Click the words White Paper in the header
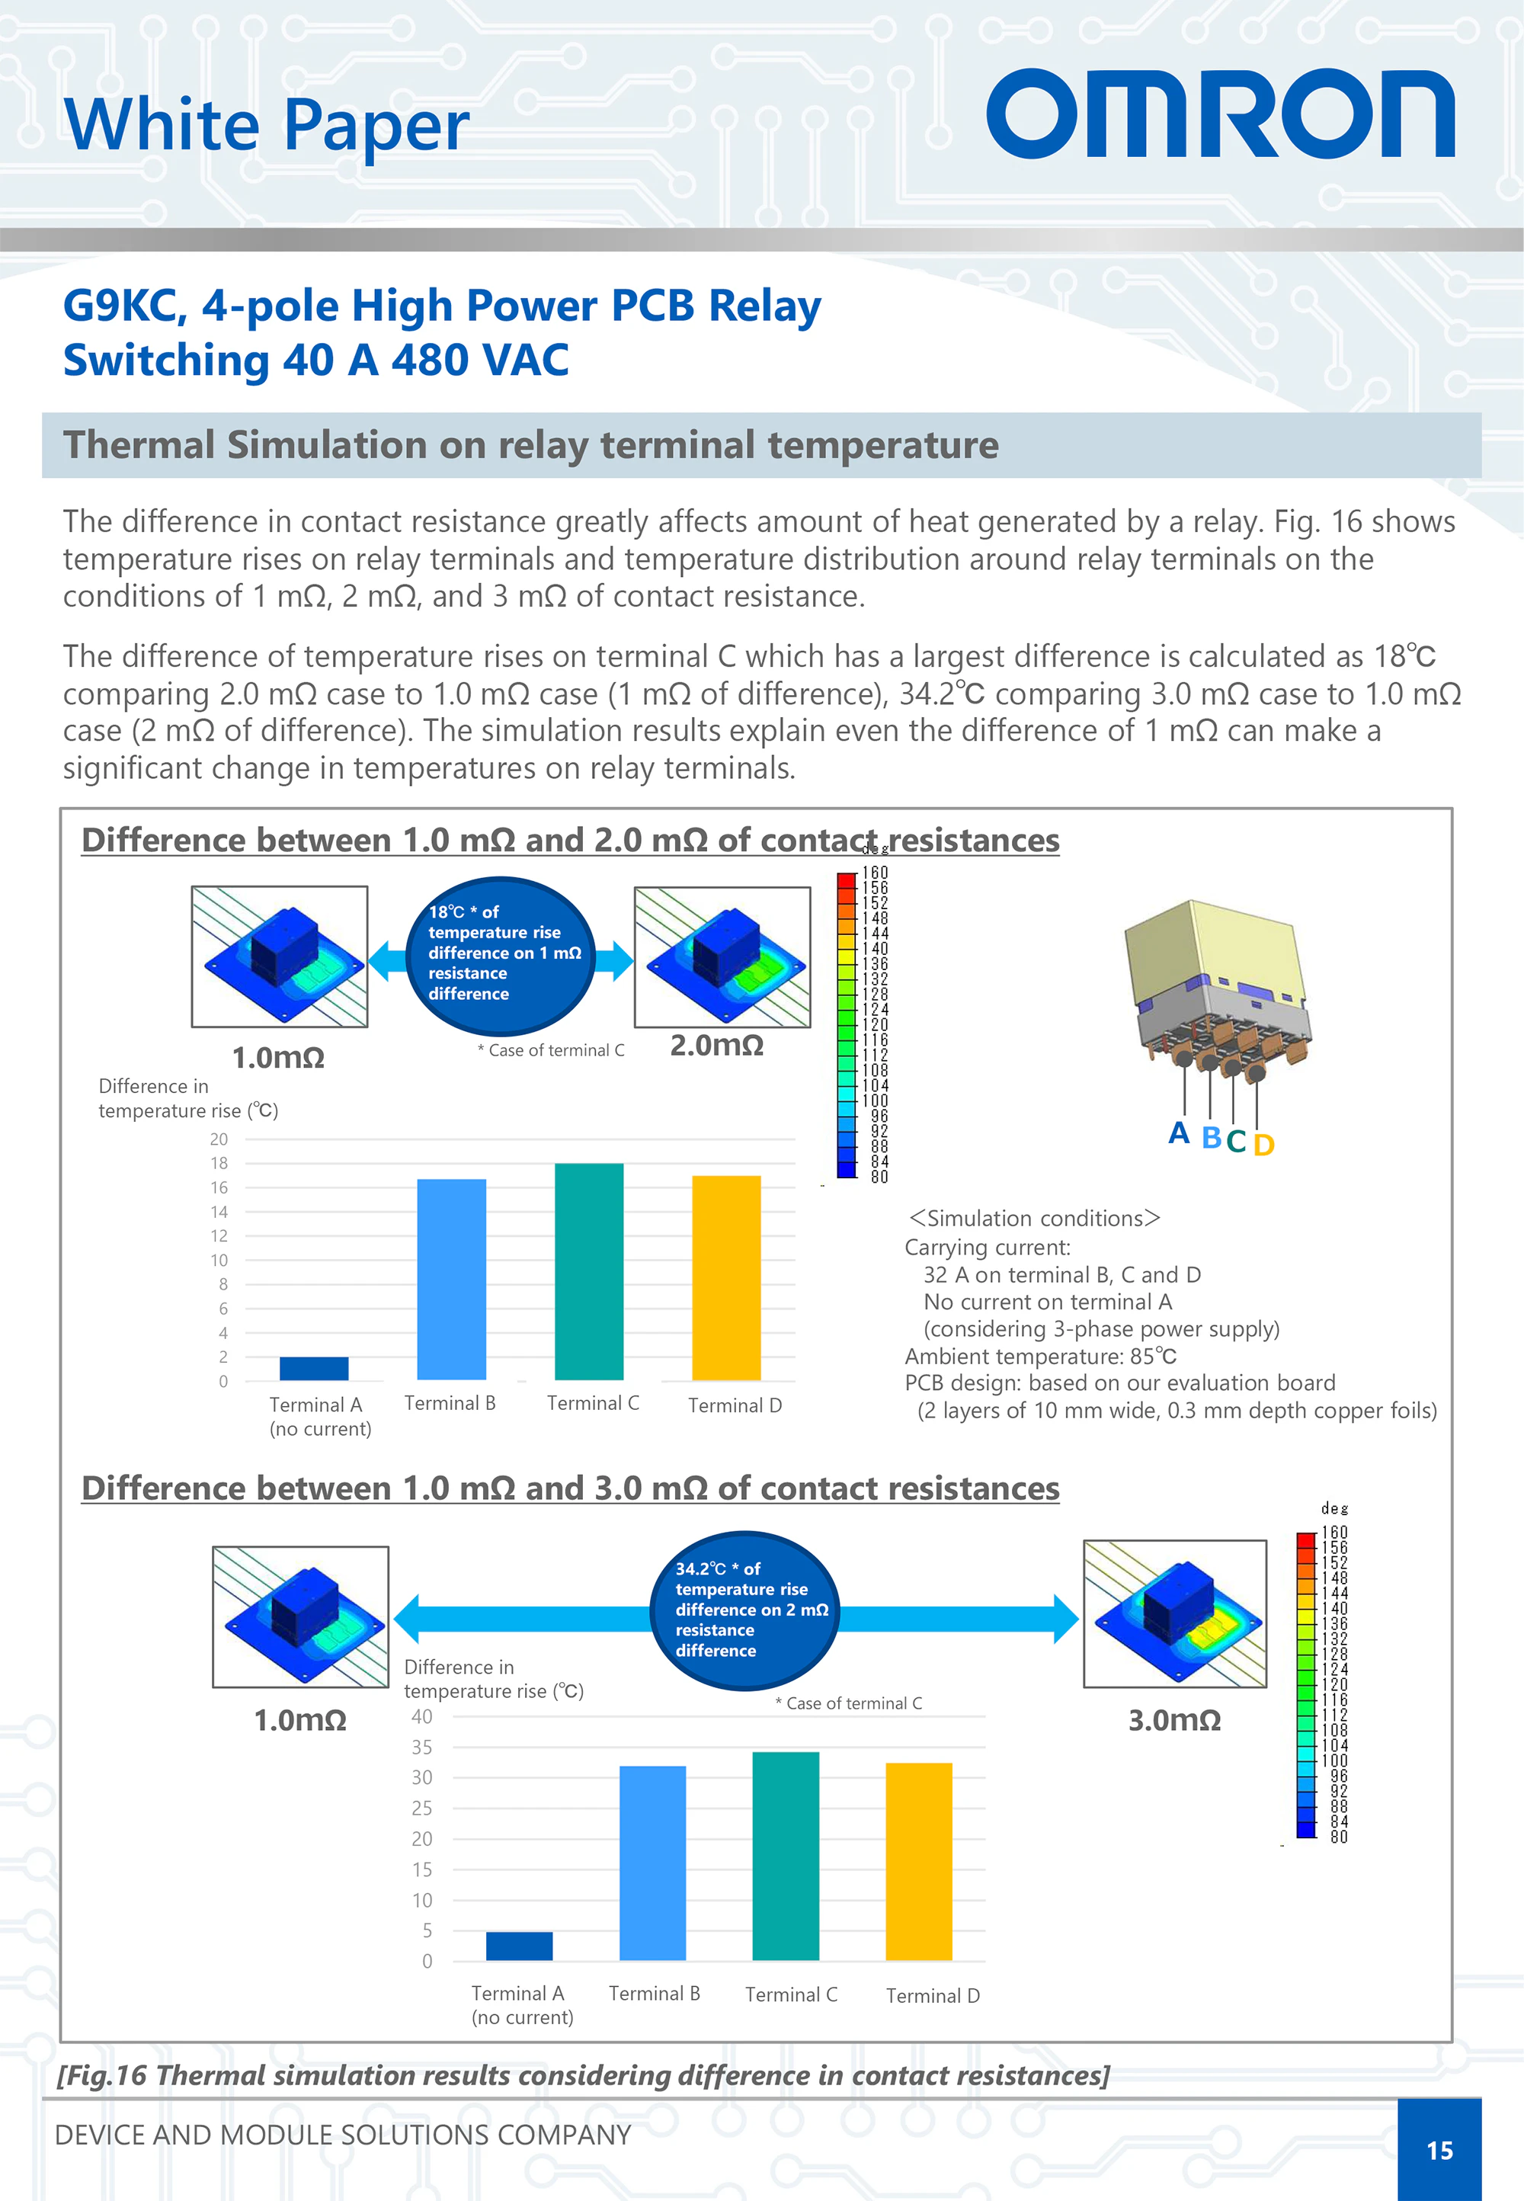(x=267, y=125)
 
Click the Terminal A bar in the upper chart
(x=313, y=1367)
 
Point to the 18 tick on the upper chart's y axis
(x=219, y=1163)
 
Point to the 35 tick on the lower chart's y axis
(x=422, y=1748)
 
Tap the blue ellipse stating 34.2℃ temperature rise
(x=744, y=1610)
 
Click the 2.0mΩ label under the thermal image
(x=716, y=1046)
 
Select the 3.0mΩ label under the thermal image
(x=1173, y=1720)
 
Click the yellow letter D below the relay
(x=1263, y=1144)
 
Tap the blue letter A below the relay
(x=1180, y=1133)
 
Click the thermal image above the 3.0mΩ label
(x=1174, y=1613)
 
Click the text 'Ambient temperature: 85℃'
(x=1040, y=1356)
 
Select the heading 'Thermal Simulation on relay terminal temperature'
(x=531, y=445)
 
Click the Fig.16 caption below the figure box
(x=582, y=2075)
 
